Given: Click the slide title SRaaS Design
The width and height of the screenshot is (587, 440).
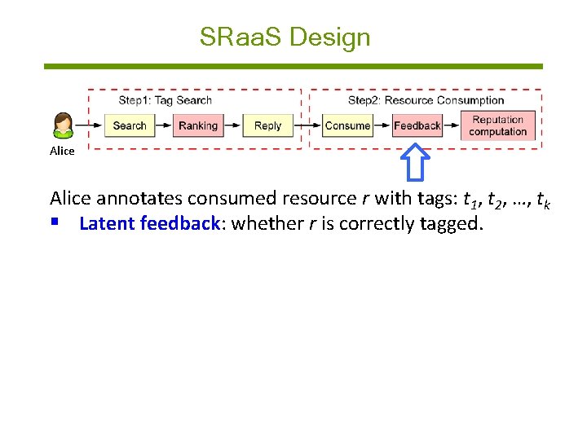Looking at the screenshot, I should point(285,37).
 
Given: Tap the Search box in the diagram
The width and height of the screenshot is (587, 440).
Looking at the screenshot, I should point(129,125).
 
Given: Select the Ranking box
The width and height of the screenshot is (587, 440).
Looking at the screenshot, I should point(198,125).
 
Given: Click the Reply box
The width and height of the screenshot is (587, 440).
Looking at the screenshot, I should point(267,125).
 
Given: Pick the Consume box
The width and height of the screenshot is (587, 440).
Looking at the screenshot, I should point(347,125).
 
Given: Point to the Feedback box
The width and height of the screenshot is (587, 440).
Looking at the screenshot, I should point(417,125).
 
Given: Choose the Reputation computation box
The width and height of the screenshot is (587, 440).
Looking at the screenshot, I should point(497,125).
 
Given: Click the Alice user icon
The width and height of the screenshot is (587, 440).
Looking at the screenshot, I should point(63,126).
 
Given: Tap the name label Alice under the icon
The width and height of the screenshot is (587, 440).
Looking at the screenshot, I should point(62,151).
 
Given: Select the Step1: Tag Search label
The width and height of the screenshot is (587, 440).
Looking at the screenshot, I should point(165,100).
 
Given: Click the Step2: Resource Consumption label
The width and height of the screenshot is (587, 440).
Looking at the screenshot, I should point(426,100).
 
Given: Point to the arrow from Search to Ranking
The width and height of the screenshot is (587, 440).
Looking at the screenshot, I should point(162,125).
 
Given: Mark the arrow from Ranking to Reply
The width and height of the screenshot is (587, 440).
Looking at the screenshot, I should point(233,125).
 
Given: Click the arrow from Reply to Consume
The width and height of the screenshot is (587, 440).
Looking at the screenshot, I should point(306,125).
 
